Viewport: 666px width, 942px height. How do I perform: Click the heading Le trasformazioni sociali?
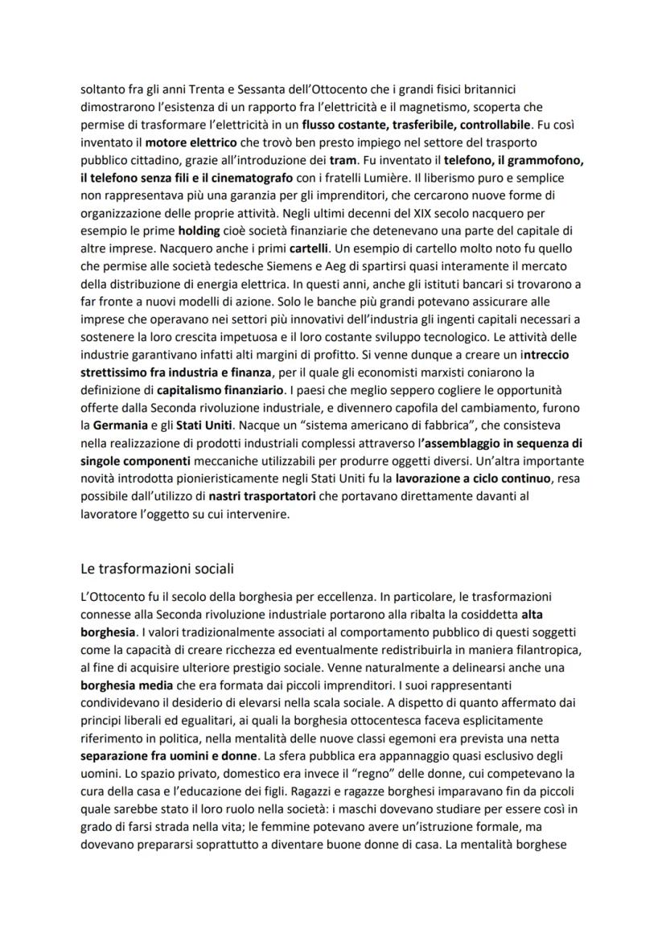[157, 569]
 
